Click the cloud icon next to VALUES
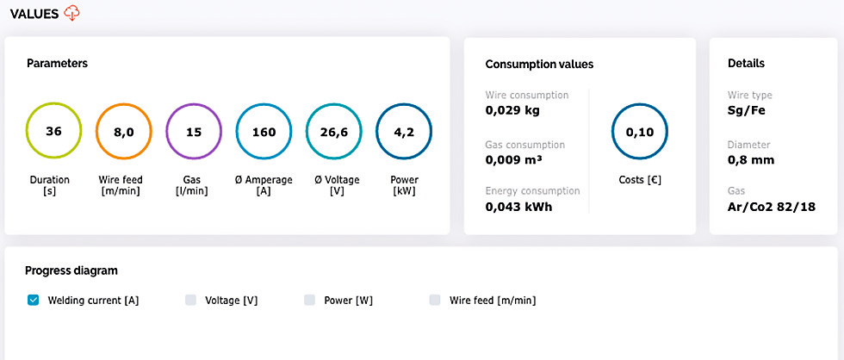pos(71,13)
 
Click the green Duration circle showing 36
pos(53,133)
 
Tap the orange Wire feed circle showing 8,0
pos(123,133)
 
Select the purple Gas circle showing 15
pos(194,133)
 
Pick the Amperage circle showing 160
pos(264,133)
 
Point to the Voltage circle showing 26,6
pos(333,133)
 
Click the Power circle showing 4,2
pos(404,133)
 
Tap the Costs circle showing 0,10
pos(639,133)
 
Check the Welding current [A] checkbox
pos(34,301)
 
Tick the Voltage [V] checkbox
pos(191,301)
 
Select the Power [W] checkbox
pos(310,301)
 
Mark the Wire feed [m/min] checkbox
pos(435,301)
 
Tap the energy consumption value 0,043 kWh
pos(518,207)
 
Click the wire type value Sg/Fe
pos(747,110)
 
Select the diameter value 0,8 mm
pos(751,159)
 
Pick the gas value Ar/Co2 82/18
pos(772,207)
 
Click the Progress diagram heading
pos(71,270)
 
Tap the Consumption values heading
pos(539,64)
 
